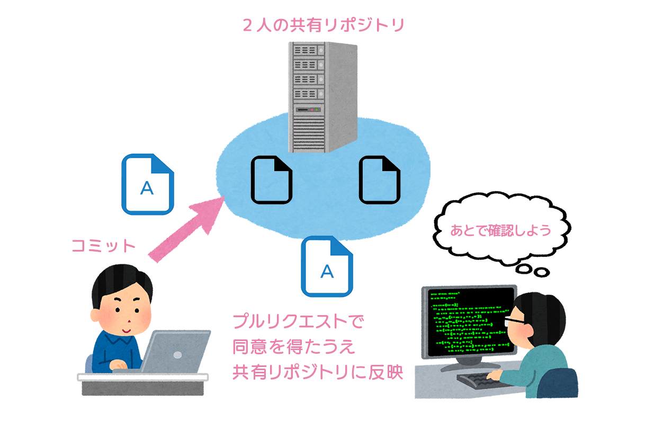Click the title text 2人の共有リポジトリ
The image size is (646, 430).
[324, 25]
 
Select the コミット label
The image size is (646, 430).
[103, 246]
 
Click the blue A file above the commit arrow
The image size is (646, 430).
[148, 184]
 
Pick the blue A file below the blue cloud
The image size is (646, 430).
[327, 266]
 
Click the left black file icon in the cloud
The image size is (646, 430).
[272, 180]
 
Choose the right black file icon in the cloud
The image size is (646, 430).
[380, 180]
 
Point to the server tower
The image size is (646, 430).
[322, 97]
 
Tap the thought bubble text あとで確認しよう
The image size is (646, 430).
[500, 231]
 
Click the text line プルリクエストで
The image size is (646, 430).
[298, 321]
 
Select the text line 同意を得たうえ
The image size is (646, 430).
[293, 347]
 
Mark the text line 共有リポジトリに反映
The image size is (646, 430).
[318, 372]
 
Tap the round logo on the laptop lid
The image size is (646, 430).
[177, 355]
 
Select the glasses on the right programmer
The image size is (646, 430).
[515, 320]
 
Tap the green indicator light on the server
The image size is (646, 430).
[316, 110]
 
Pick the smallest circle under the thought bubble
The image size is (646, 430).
[541, 272]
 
